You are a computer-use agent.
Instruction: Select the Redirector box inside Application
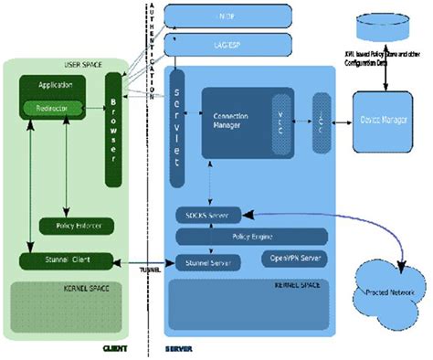54,109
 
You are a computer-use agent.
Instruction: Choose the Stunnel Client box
66,260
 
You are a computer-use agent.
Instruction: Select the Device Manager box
384,121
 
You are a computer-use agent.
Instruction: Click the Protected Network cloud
386,291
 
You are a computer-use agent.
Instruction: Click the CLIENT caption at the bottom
114,348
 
